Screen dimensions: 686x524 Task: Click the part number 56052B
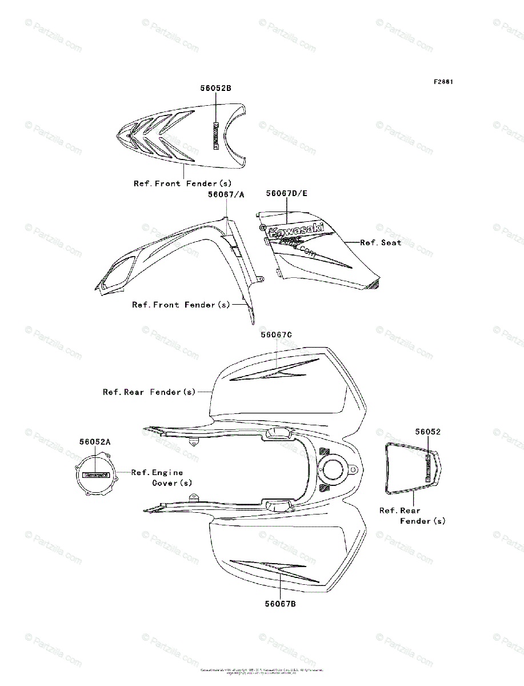[215, 88]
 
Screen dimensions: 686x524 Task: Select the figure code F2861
[443, 82]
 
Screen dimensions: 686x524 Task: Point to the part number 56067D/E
[286, 193]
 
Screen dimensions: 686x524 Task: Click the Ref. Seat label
[381, 242]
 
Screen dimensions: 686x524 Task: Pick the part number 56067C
[277, 334]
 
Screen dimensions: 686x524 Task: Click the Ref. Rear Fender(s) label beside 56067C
[149, 392]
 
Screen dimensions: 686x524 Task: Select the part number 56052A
[95, 441]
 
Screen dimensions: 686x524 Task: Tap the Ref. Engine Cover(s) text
[161, 477]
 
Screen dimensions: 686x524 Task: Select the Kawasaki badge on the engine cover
[95, 474]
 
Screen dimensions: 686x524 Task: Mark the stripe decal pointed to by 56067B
[274, 568]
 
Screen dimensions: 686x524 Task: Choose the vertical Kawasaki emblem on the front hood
[216, 136]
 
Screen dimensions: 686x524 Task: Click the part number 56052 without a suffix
[428, 432]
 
